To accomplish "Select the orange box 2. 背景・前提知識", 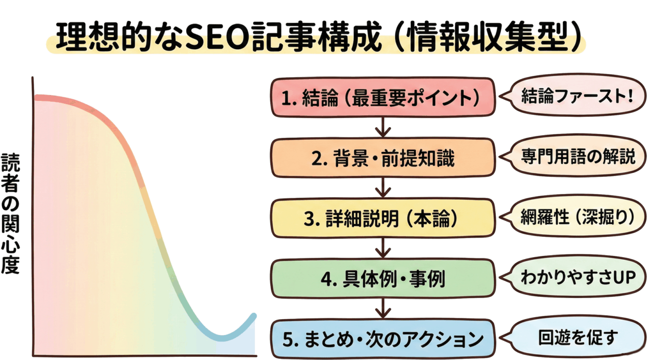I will point(383,157).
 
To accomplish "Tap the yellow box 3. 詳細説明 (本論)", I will point(383,218).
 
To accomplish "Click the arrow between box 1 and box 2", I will point(383,127).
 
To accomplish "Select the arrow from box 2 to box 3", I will point(383,187).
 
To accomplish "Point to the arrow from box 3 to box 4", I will point(383,248).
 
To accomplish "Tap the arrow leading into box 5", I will point(383,309).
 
